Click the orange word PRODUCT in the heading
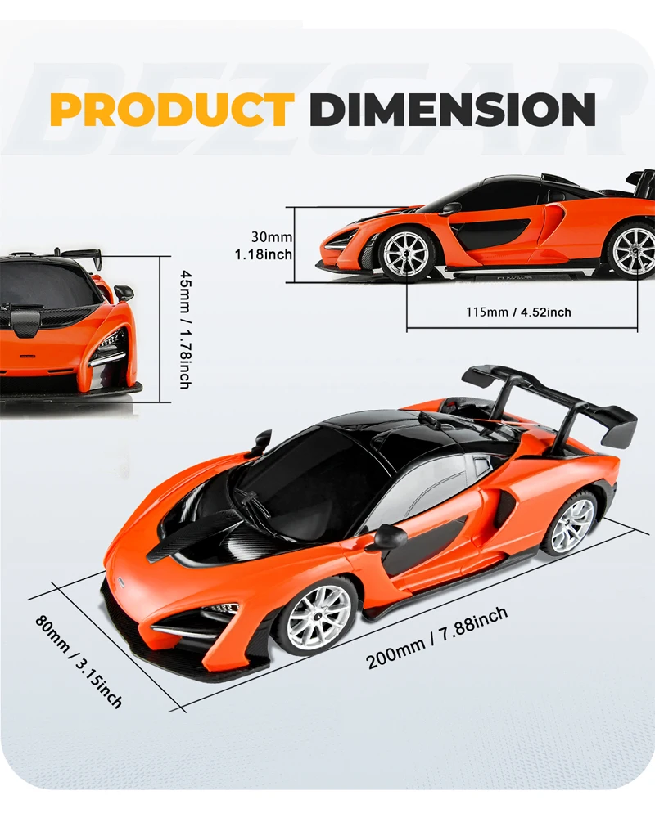tap(172, 110)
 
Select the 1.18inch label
tap(264, 254)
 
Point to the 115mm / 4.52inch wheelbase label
tap(519, 312)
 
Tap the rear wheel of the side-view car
tap(632, 249)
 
